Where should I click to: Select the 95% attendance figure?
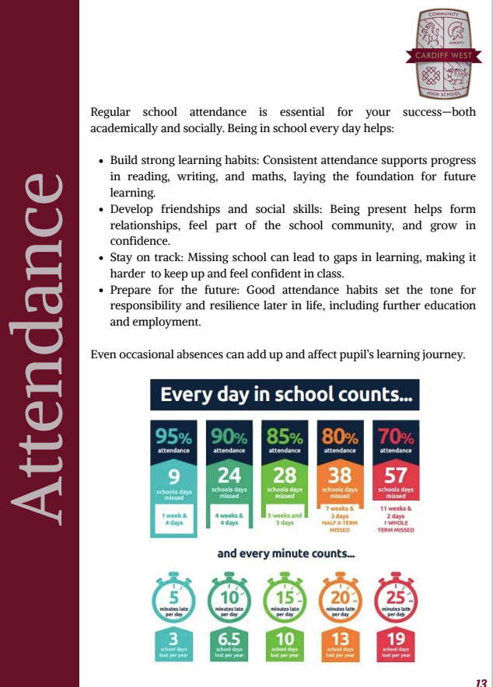tap(175, 438)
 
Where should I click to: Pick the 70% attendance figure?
tap(396, 438)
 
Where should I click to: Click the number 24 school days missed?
tap(229, 474)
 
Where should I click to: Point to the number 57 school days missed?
tap(396, 474)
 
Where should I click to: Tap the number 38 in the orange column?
tap(340, 474)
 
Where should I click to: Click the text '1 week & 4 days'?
tap(175, 518)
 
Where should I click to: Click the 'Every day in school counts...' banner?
tap(285, 395)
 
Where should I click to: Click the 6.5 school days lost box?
tap(229, 645)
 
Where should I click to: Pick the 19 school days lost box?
tap(396, 645)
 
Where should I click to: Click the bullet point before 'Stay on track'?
tap(102, 257)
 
